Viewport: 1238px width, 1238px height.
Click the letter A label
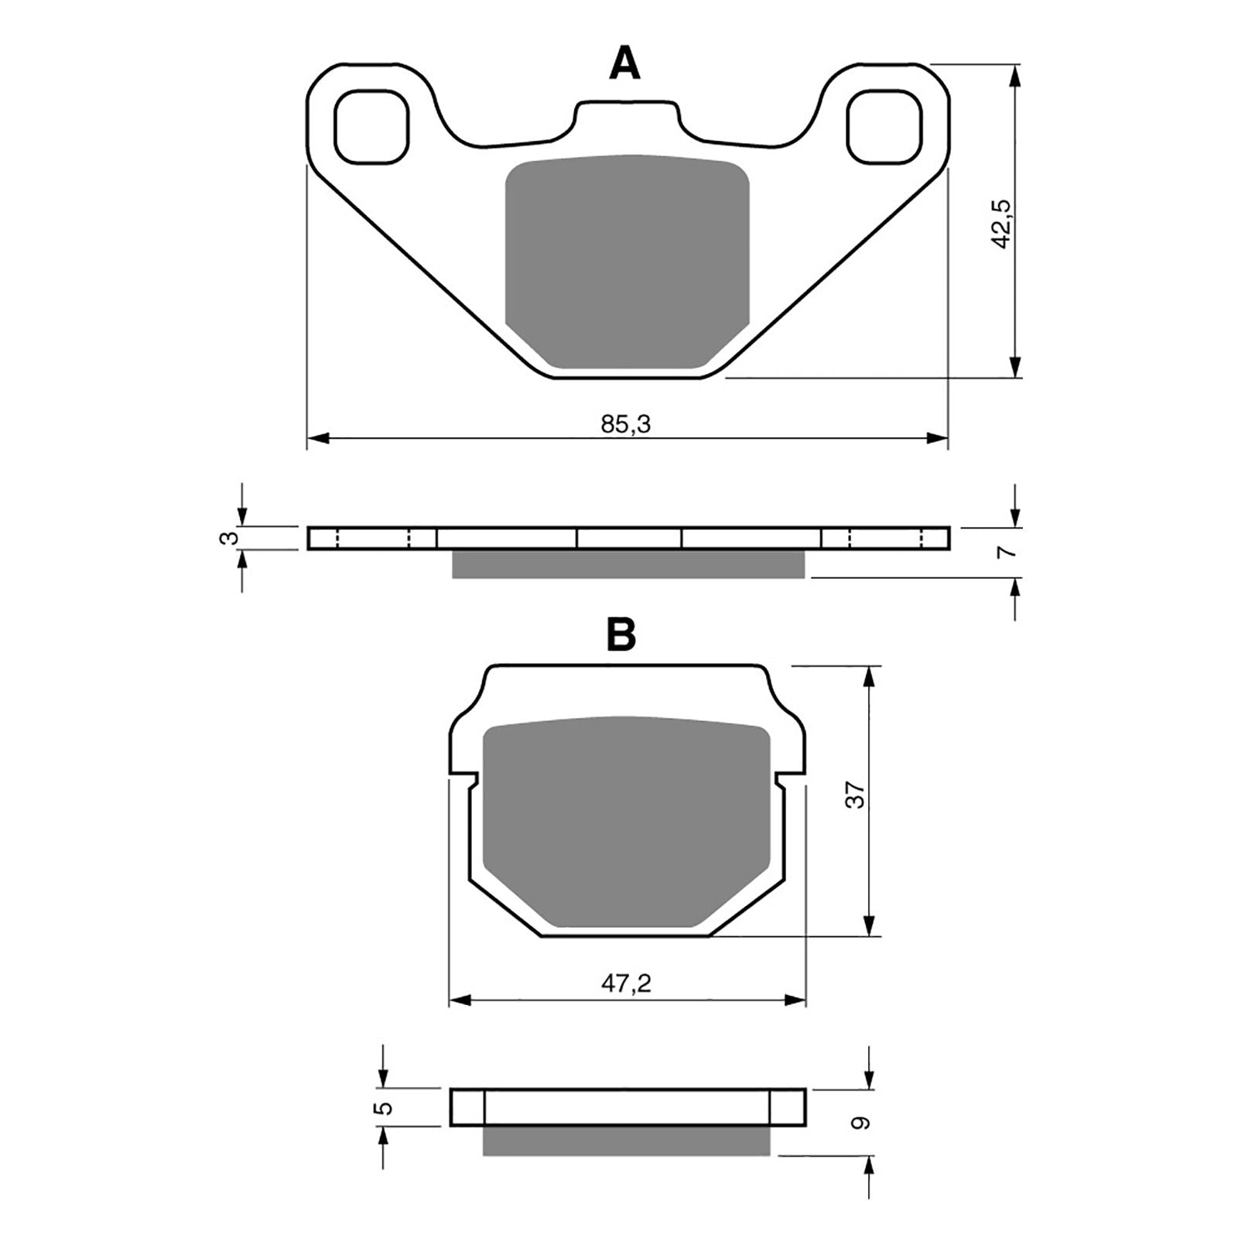point(624,63)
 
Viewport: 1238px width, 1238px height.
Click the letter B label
point(621,634)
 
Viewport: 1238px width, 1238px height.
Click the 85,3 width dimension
point(625,424)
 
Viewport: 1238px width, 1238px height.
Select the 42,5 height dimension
point(1001,224)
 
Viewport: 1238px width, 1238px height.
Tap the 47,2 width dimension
point(626,983)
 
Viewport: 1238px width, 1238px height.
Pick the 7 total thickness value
point(1004,552)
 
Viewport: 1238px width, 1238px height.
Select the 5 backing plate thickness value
point(384,1107)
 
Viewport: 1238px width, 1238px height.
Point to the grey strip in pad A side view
point(628,564)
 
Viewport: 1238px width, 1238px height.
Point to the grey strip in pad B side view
point(627,1141)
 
